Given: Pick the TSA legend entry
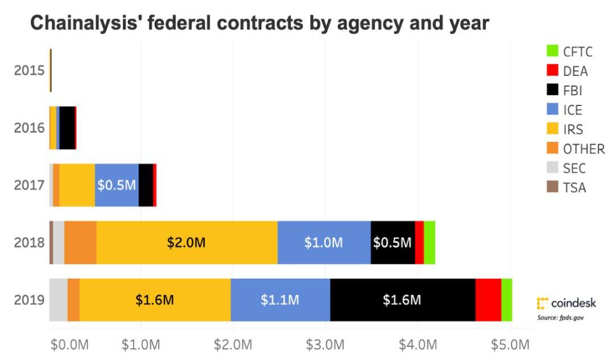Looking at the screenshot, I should [x=574, y=188].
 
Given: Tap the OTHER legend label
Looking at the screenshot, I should [x=584, y=149].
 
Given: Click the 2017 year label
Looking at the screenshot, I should [x=29, y=185].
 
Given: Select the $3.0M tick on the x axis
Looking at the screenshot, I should [x=325, y=344].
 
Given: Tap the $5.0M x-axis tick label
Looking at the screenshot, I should [x=510, y=344].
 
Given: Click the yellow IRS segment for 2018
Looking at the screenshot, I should [x=186, y=243].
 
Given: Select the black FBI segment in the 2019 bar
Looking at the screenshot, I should [x=402, y=300].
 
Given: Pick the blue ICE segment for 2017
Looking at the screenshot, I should [x=117, y=185].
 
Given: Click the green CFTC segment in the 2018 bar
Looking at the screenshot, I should [x=430, y=243].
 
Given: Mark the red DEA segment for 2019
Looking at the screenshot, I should [x=488, y=300].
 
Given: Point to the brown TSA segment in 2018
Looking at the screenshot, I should [x=51, y=243].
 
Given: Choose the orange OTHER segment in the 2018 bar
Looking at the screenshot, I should [x=80, y=243].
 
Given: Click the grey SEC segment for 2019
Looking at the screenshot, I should [x=58, y=300].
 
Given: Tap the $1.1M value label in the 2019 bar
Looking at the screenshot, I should [x=280, y=300].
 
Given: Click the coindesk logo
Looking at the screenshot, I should [x=566, y=303].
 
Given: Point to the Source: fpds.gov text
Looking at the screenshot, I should [x=561, y=317].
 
